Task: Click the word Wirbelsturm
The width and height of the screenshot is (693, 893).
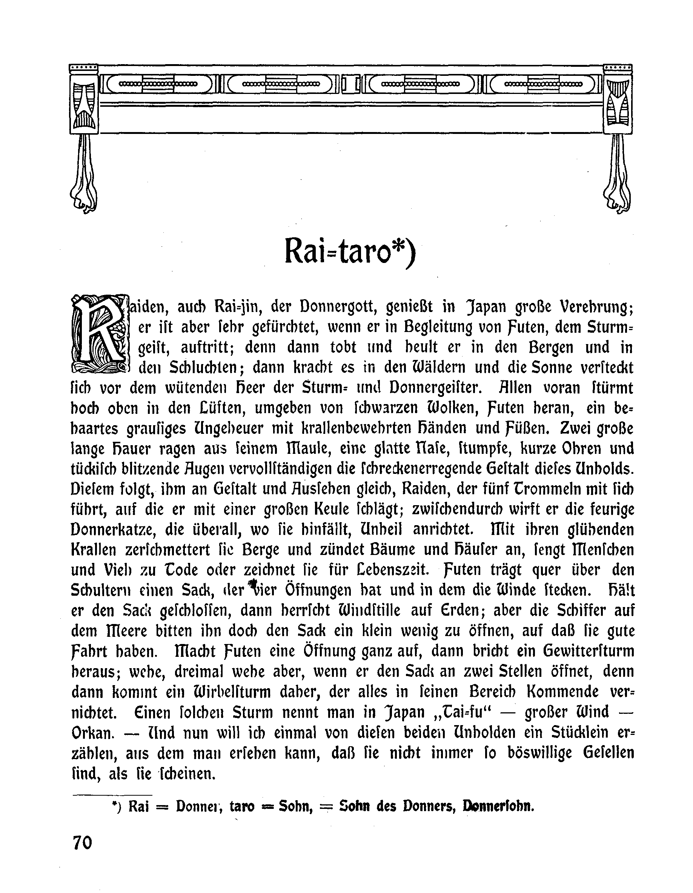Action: tap(230, 692)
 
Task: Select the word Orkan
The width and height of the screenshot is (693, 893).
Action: tap(92, 733)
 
